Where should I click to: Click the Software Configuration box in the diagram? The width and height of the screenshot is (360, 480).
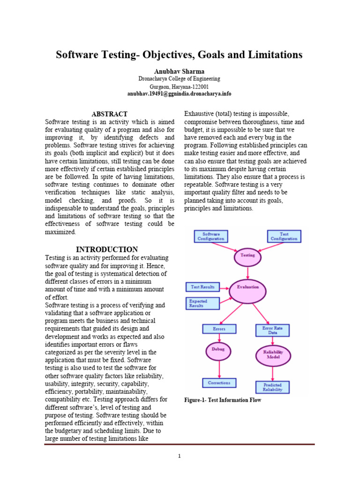pos(210,236)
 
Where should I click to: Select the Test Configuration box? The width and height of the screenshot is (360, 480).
pos(284,236)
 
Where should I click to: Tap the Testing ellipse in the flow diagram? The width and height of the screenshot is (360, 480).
pos(247,256)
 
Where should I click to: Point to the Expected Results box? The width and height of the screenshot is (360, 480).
pos(202,303)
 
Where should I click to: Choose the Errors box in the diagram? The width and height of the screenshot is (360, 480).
pos(219,329)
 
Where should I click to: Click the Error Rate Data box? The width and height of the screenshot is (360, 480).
pos(272,330)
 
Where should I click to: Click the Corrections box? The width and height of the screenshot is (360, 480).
pos(219,383)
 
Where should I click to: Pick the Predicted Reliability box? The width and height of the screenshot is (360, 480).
pos(272,387)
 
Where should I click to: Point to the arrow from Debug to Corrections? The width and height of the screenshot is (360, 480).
pos(219,370)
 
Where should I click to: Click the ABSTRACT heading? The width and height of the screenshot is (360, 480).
pos(109,114)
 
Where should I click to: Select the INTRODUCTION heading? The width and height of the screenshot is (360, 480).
pos(107,249)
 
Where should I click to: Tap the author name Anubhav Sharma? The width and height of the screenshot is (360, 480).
pos(180,71)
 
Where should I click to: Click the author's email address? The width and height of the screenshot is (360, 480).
pos(180,94)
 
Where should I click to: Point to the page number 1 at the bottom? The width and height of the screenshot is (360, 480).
pos(180,456)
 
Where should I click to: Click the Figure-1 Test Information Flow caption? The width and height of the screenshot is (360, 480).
pos(223,400)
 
